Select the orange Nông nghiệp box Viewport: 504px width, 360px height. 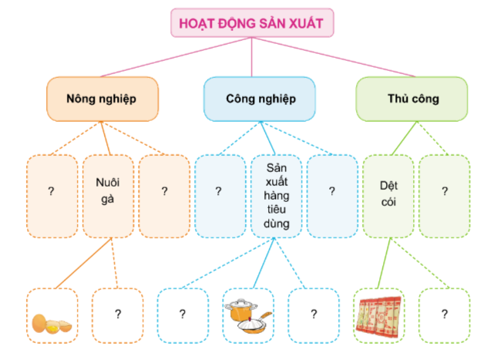pos(102,99)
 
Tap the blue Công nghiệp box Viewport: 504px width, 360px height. pos(260,99)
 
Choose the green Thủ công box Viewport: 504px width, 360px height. pos(412,99)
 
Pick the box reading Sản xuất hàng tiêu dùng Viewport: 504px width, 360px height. pos(277,196)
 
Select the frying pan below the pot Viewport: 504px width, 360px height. pos(254,325)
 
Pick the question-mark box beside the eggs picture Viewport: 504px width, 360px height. pos(118,315)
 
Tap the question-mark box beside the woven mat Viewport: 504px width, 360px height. pos(445,315)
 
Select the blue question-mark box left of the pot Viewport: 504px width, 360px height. pos(183,315)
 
